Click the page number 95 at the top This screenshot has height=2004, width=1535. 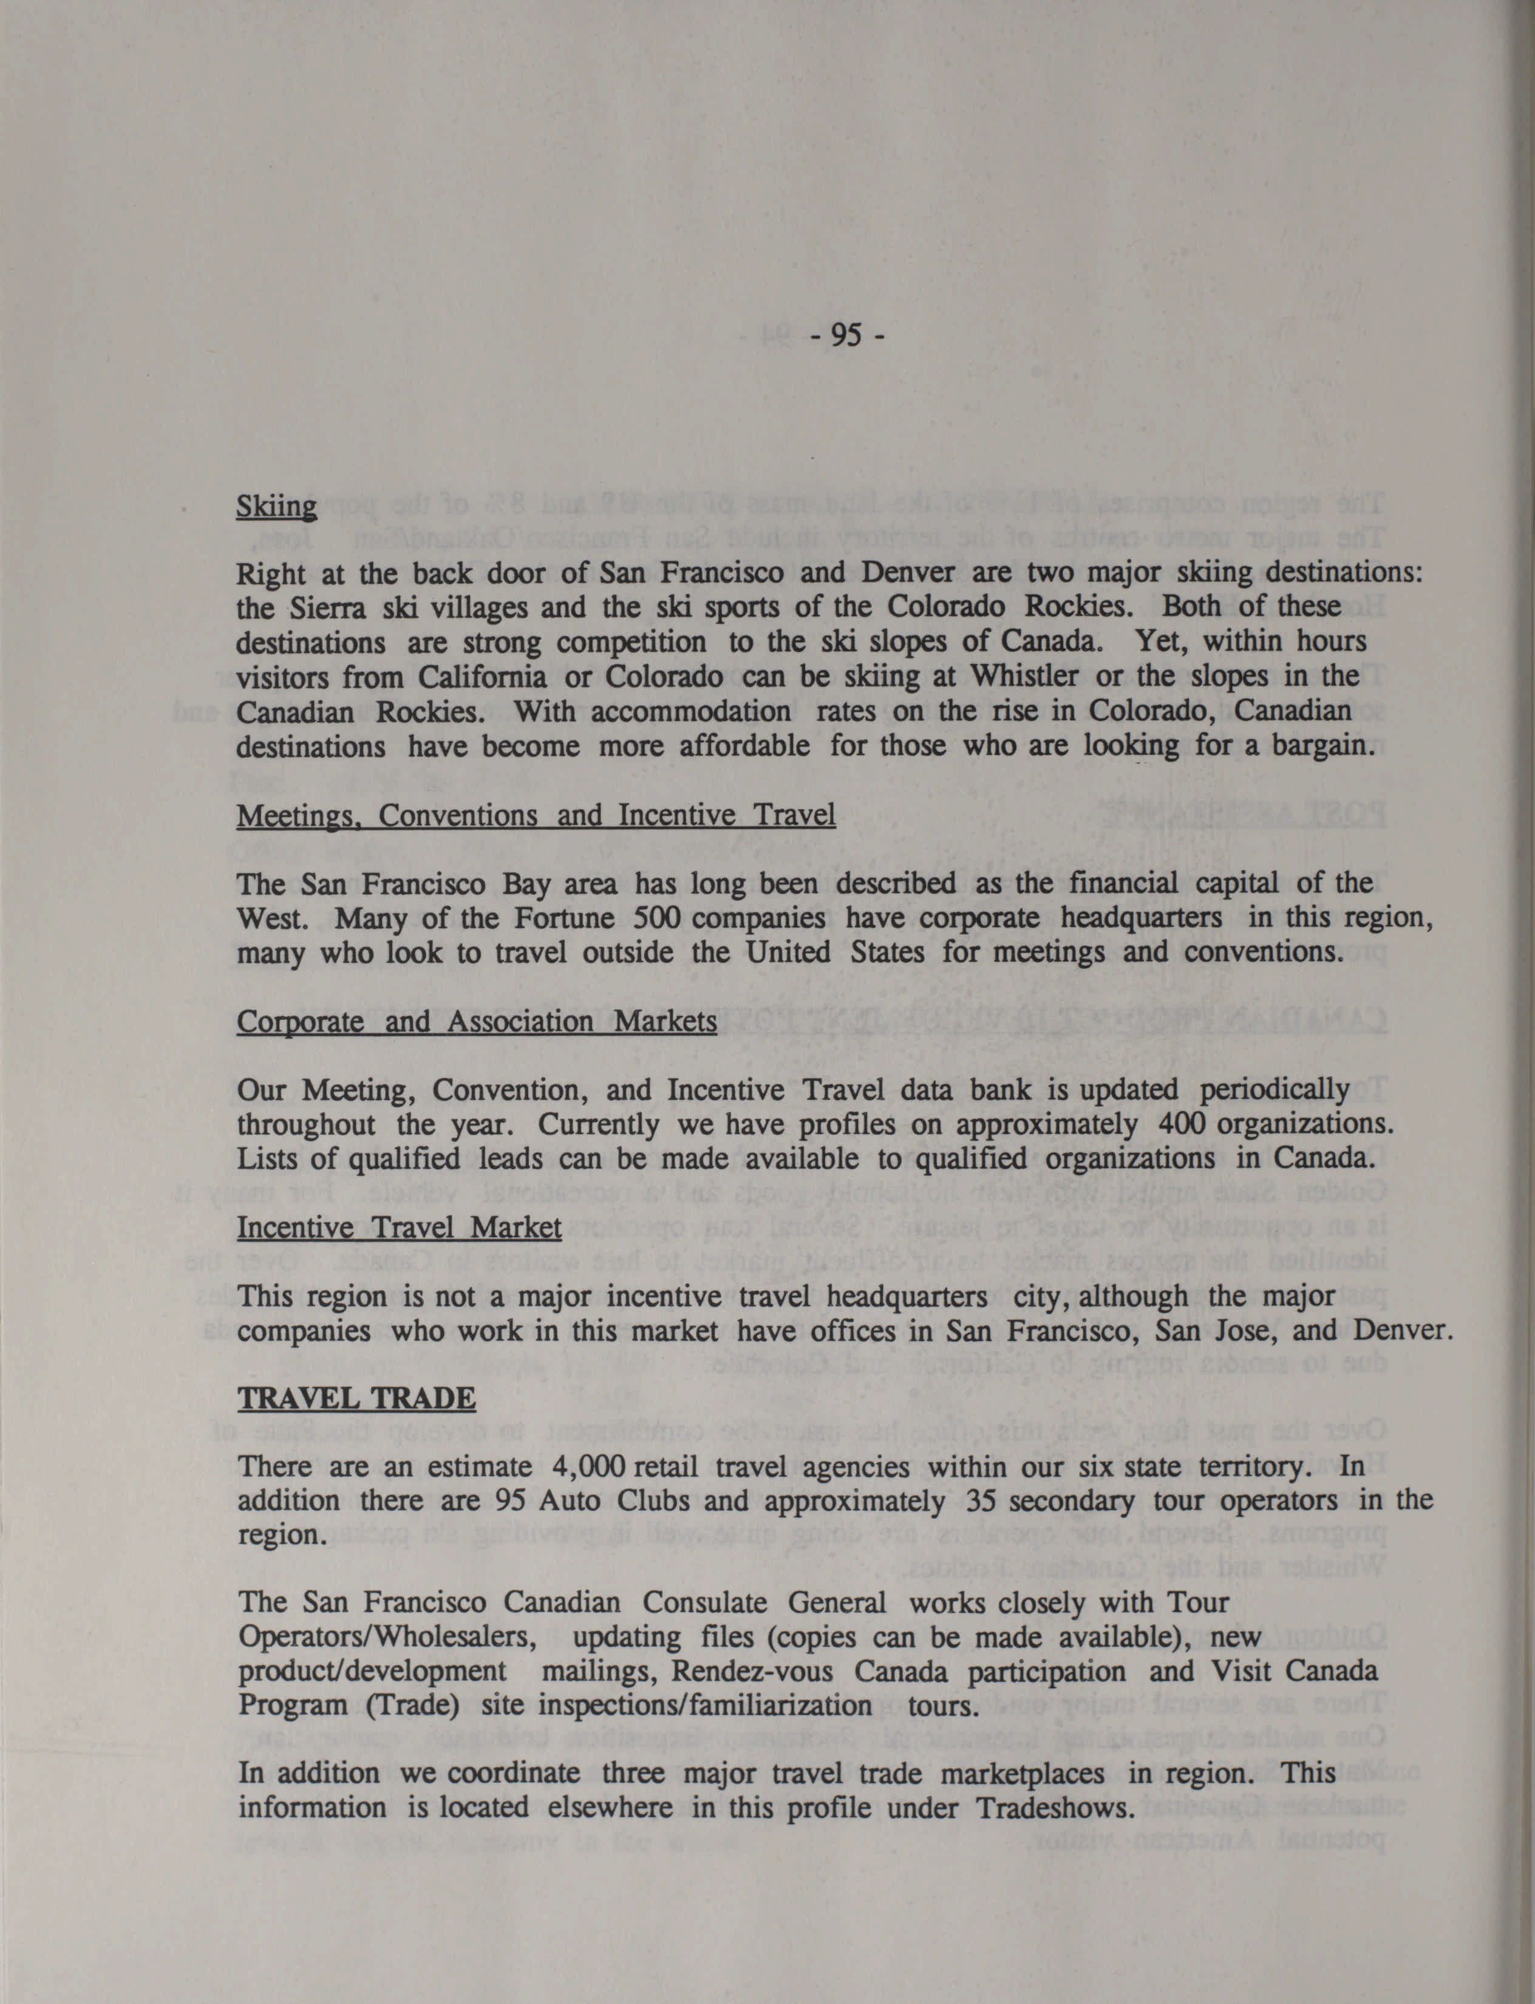[x=846, y=337]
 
